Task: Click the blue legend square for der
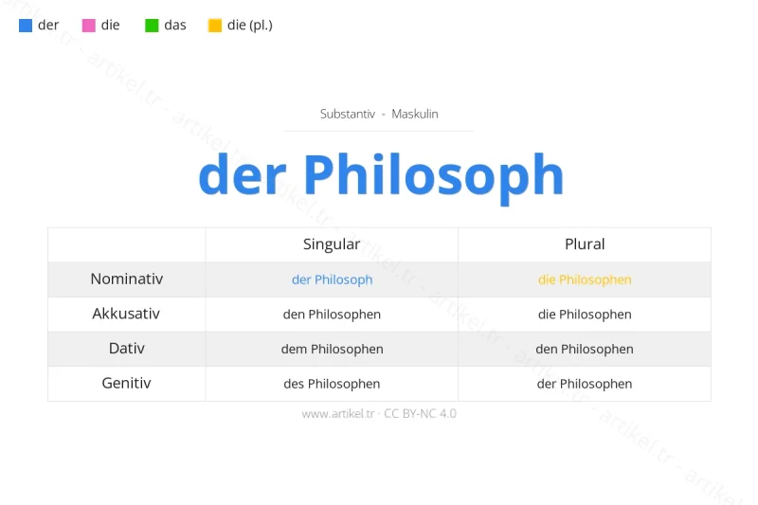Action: [26, 26]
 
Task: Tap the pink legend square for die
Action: [89, 26]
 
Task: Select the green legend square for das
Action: [152, 26]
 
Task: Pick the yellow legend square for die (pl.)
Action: [215, 26]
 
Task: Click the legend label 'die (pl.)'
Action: [249, 26]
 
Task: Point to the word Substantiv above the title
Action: [350, 114]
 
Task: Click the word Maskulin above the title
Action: [415, 114]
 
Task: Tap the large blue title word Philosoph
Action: [433, 175]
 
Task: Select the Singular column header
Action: [332, 244]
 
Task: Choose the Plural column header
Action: [585, 244]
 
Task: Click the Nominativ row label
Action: [127, 280]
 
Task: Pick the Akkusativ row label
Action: [126, 314]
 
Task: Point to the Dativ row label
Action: [127, 349]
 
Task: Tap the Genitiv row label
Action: [127, 384]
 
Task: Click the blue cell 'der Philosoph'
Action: [332, 280]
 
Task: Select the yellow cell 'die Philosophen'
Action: [585, 280]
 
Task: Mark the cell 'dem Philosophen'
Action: [332, 349]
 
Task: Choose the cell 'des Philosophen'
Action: [332, 384]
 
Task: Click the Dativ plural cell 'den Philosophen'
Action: [585, 349]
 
